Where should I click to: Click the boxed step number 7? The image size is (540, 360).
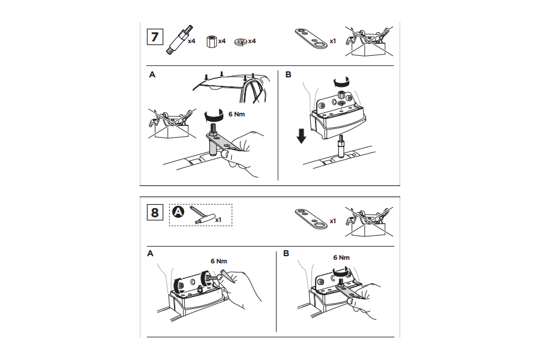click(155, 37)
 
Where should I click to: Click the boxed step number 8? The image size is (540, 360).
click(155, 212)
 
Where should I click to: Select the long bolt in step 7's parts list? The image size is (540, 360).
click(179, 40)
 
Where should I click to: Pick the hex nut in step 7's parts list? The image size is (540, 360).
click(211, 41)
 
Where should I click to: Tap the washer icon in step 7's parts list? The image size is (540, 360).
click(241, 41)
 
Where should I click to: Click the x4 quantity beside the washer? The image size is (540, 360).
click(252, 41)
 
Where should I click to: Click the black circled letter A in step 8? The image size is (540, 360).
click(178, 212)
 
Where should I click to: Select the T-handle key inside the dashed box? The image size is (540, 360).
click(202, 217)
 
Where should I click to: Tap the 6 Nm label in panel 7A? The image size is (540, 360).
click(236, 114)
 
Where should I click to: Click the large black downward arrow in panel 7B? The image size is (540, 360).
click(301, 136)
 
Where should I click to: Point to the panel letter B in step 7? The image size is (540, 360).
click(288, 74)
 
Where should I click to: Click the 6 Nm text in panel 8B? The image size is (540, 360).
click(341, 257)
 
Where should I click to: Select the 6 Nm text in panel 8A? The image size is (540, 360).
click(218, 261)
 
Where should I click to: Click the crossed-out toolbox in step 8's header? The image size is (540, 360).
click(369, 221)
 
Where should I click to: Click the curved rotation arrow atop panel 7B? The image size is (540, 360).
click(341, 82)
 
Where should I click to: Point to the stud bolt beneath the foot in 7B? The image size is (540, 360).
click(341, 146)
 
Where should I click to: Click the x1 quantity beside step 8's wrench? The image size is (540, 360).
click(332, 221)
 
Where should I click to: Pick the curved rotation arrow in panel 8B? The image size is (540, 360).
click(340, 272)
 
